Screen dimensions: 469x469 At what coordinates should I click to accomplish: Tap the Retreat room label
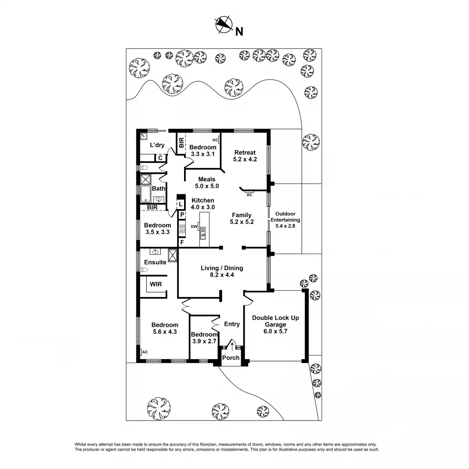(x=245, y=152)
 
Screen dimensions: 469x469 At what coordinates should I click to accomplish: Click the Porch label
(x=231, y=358)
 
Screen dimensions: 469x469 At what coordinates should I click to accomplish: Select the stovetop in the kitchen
(x=182, y=229)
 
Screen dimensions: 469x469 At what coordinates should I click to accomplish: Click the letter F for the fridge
(x=182, y=242)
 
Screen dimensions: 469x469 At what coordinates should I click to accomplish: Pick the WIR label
(x=156, y=284)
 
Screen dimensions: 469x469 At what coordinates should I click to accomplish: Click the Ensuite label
(x=155, y=262)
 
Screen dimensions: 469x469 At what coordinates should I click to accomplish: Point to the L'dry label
(x=157, y=145)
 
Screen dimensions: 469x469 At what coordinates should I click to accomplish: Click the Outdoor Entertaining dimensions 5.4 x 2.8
(x=285, y=226)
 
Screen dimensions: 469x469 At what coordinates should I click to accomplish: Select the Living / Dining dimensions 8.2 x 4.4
(x=222, y=275)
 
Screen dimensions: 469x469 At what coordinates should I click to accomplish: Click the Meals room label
(x=207, y=179)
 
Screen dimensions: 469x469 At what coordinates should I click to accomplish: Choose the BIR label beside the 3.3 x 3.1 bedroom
(x=181, y=143)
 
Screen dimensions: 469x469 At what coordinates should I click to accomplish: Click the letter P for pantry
(x=182, y=214)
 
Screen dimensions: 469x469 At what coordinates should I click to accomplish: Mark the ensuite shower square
(x=173, y=255)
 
